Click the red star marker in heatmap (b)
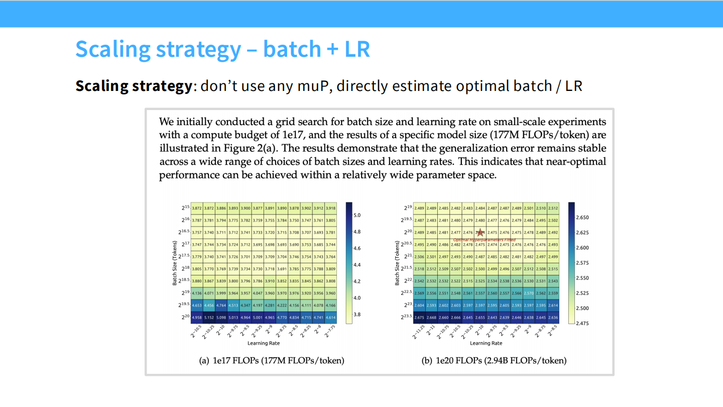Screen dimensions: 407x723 480,232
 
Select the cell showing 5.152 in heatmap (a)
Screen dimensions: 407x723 208,318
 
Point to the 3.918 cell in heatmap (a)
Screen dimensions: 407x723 330,208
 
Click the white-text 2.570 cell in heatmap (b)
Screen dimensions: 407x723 528,293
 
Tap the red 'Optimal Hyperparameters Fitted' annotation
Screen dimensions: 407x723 485,240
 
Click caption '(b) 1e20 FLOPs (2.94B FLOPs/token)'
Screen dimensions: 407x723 494,360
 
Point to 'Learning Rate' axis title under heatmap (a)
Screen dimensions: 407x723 264,343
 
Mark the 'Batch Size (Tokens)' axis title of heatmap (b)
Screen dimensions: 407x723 397,262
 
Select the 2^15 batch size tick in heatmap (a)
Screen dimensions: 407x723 185,208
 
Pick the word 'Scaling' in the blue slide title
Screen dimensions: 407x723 113,49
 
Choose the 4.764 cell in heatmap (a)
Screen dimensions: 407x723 220,306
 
